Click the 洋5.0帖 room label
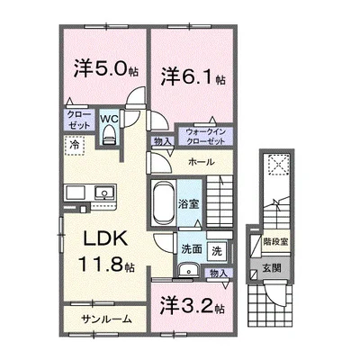click(x=106, y=69)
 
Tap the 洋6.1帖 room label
click(x=193, y=77)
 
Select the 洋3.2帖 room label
click(x=193, y=306)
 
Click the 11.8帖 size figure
click(x=106, y=265)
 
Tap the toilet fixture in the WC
click(x=109, y=135)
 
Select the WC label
click(x=109, y=119)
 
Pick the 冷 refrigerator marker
click(x=74, y=146)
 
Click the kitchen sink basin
click(x=104, y=193)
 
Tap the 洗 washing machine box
click(x=217, y=251)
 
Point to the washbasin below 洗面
click(x=188, y=271)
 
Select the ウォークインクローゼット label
click(x=205, y=137)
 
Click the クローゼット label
click(x=79, y=120)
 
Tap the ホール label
click(x=202, y=162)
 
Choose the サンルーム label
click(x=106, y=319)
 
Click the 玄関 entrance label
click(x=272, y=268)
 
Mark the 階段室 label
click(x=275, y=241)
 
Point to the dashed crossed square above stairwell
click(x=279, y=164)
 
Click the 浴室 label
click(x=189, y=204)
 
